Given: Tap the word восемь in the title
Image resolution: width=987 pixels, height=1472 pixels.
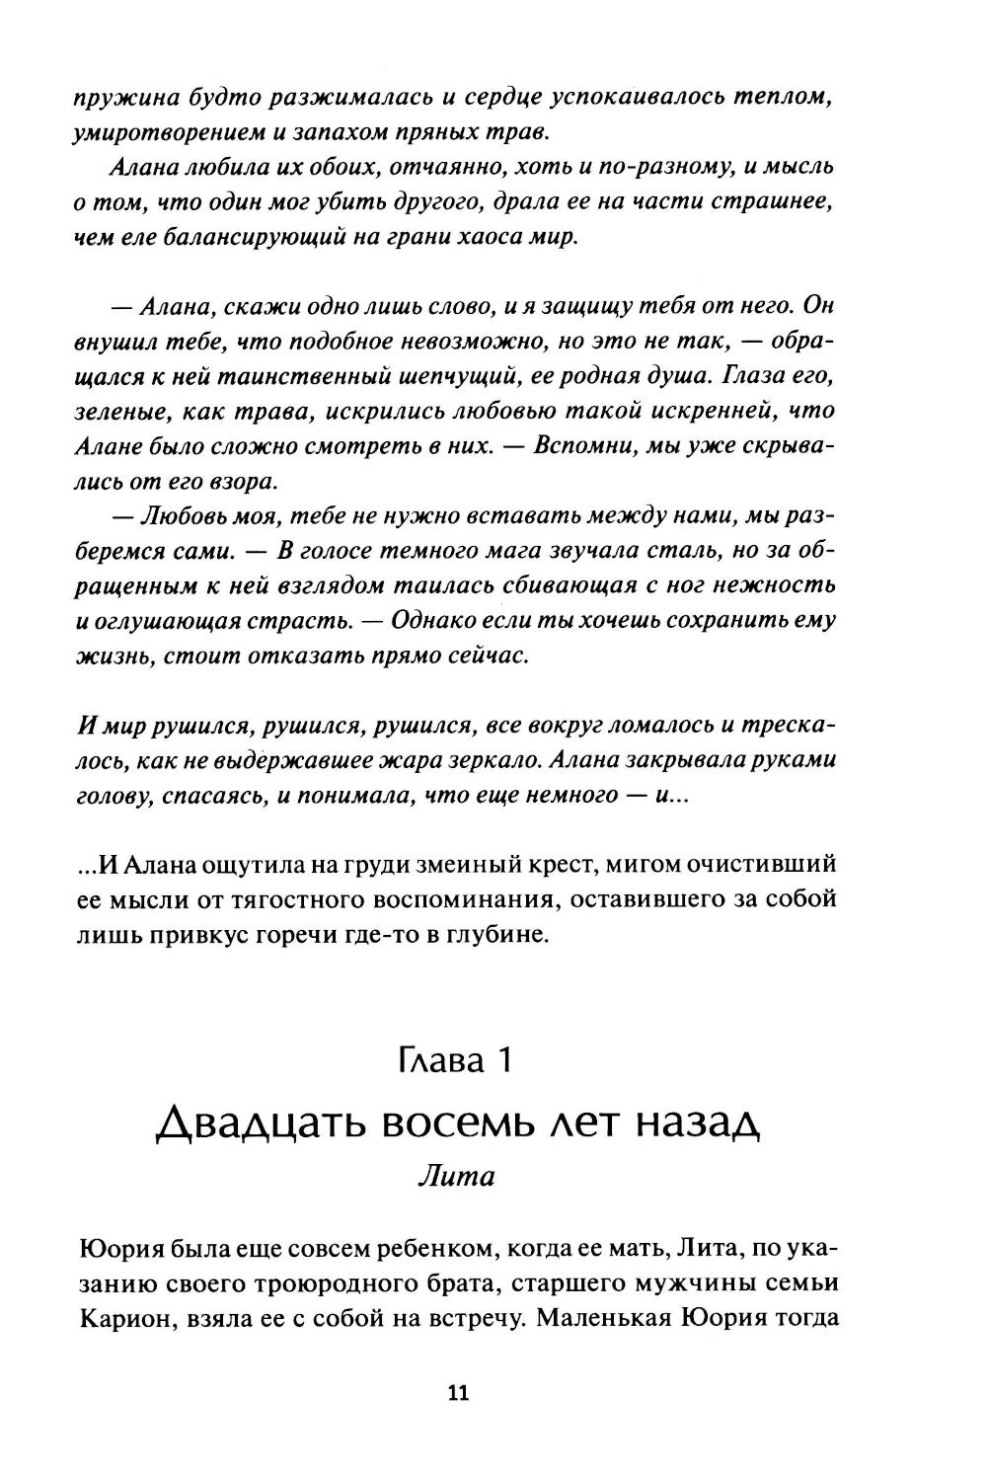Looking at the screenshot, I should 452,1123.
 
